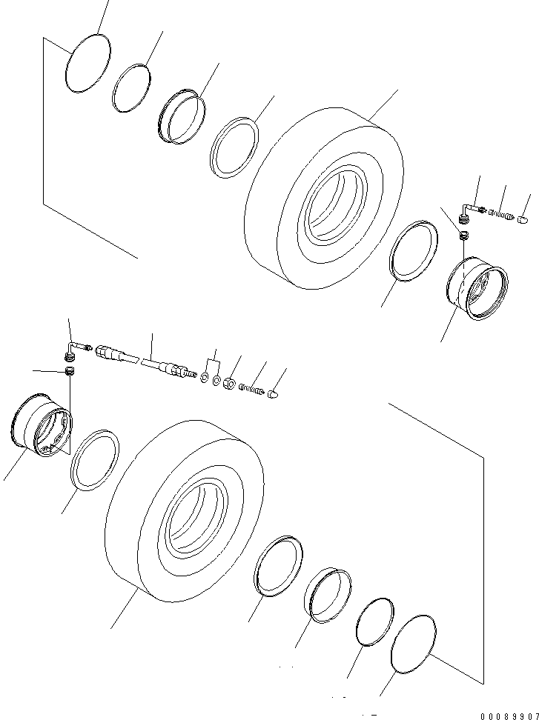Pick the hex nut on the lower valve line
click(229, 384)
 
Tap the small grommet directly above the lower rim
click(71, 370)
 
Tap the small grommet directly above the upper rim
click(463, 236)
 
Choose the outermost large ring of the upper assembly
click(87, 65)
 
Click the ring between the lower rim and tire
click(95, 459)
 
